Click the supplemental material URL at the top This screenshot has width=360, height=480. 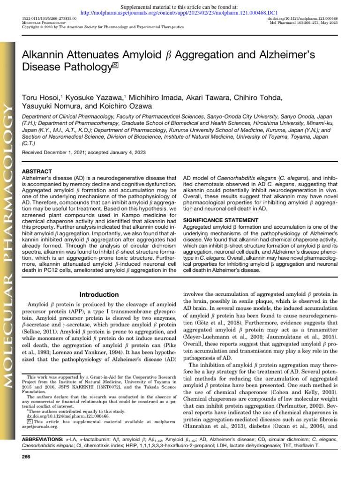tap(180, 14)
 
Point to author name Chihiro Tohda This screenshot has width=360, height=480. tap(261, 97)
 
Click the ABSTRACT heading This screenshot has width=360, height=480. tap(37, 172)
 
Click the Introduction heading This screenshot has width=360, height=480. tap(99, 294)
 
